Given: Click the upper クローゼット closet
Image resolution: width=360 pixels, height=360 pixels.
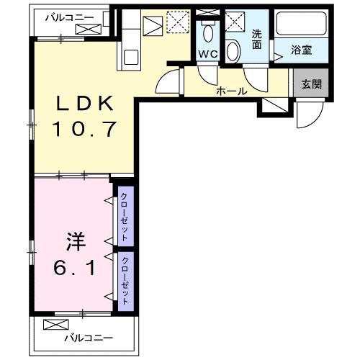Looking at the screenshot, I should pos(125,217).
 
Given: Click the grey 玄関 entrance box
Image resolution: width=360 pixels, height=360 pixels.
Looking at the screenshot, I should pos(311,84).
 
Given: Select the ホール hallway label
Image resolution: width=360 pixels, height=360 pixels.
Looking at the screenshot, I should pos(233,91).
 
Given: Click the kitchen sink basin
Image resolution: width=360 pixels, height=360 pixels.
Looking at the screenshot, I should pos(132,55).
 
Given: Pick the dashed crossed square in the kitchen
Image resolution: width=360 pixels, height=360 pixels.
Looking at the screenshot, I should pos(177,23).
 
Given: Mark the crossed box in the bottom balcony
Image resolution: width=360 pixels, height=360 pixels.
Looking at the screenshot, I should pos(55,324).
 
